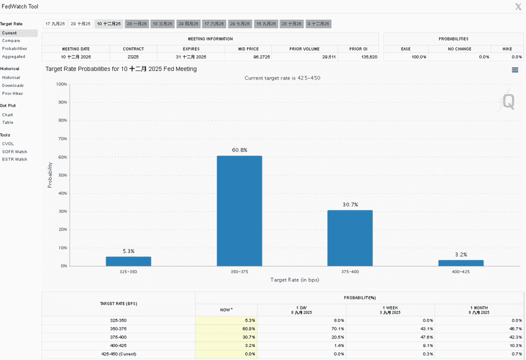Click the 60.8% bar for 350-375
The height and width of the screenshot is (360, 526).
tap(239, 210)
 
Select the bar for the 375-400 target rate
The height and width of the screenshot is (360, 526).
tap(350, 238)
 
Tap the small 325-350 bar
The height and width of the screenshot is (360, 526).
tap(128, 261)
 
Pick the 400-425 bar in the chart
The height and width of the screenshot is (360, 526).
tap(461, 263)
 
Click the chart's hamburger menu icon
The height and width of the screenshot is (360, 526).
tap(515, 70)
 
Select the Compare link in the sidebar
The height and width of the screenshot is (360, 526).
tap(11, 40)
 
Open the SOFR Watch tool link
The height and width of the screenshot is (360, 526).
tap(15, 151)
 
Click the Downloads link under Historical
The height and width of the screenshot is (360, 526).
tap(12, 85)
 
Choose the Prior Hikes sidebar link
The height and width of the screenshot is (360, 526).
tap(12, 93)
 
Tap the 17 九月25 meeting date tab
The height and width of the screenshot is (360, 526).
tap(55, 24)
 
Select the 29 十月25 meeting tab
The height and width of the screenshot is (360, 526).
tap(80, 24)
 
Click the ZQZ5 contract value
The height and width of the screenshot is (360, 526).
tap(133, 57)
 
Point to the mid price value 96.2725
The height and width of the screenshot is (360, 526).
tap(261, 57)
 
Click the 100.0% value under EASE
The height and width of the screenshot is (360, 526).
tap(419, 57)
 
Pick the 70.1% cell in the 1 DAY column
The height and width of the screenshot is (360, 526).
tap(338, 329)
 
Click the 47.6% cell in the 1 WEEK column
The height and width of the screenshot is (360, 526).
tap(426, 337)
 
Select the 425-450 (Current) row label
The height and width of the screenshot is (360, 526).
tap(119, 354)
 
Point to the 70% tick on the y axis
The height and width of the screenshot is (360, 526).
tap(62, 138)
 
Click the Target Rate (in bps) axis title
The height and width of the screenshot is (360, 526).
tap(294, 280)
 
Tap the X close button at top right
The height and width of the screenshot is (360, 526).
tap(518, 6)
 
